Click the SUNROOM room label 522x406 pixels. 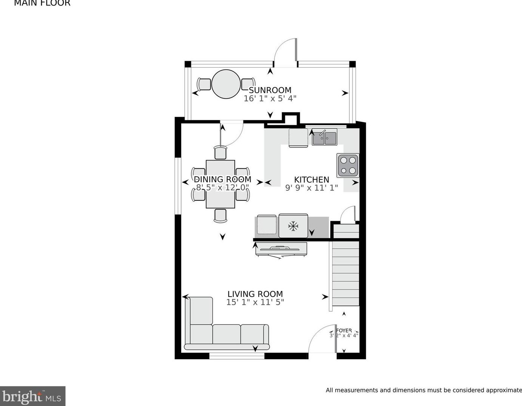pos(270,90)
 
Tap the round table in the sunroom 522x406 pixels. pos(226,84)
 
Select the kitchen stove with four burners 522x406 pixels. pos(348,165)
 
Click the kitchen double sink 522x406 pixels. pos(324,138)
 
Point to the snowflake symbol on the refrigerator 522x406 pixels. pos(293,226)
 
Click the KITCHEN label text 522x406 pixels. pos(311,180)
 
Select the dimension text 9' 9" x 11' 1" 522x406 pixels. pos(311,188)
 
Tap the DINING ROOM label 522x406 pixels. pos(222,179)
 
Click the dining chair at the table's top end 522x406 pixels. pos(220,153)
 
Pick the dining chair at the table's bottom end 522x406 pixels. pos(220,215)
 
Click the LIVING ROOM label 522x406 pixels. pos(255,294)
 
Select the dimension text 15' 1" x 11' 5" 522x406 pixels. pos(255,302)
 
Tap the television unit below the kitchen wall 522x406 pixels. pos(281,249)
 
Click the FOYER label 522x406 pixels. pos(344,331)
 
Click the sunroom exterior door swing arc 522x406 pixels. pos(284,52)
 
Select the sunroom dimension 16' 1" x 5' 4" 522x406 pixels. pos(270,98)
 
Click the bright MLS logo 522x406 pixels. pos(32,397)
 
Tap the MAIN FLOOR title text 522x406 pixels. pos(42,3)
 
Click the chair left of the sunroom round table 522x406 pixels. pos(204,84)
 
